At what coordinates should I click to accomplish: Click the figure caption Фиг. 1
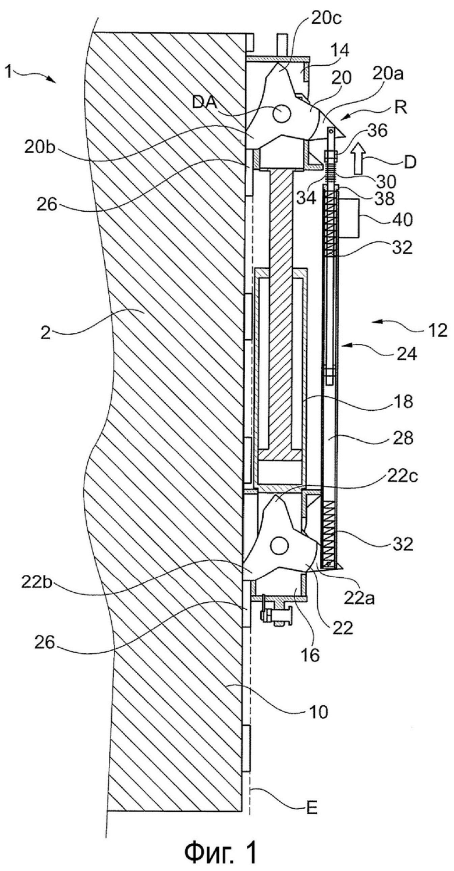coord(221,852)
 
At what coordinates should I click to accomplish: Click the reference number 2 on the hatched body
coord(46,333)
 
